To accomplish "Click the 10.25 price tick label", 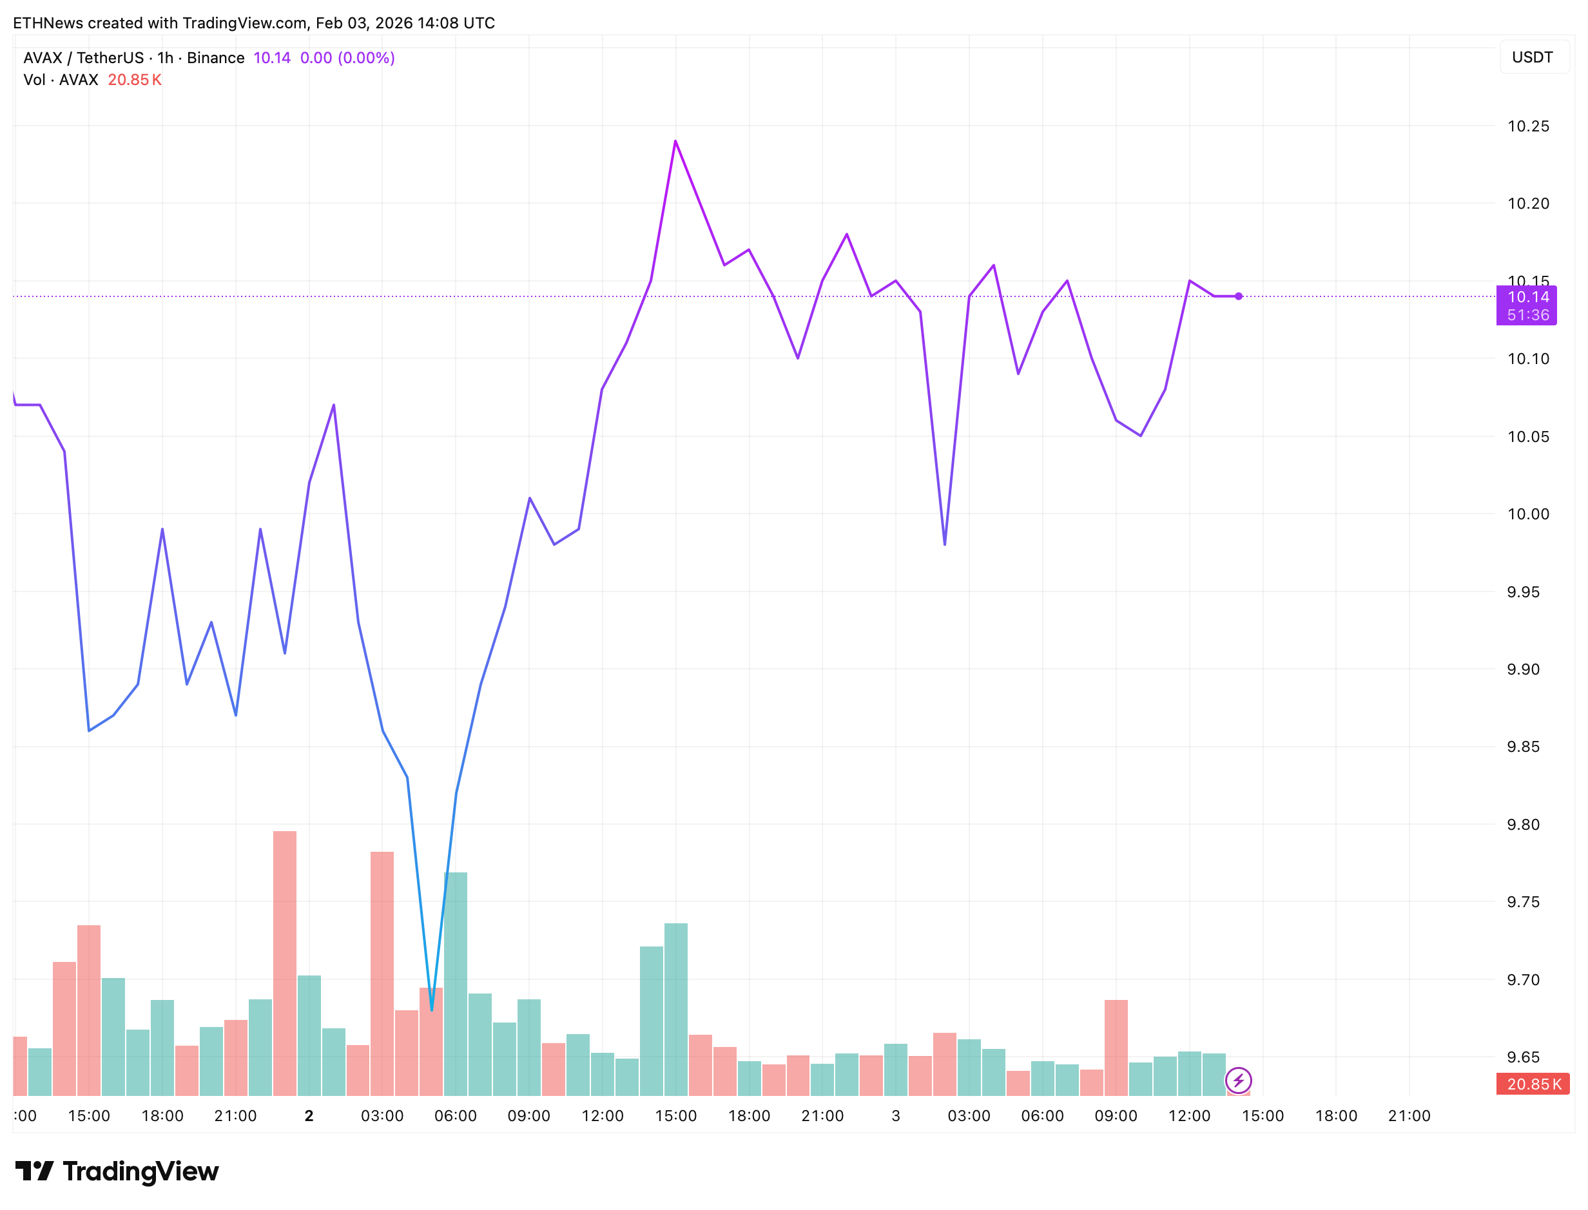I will [1527, 126].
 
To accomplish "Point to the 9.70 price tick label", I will [1522, 979].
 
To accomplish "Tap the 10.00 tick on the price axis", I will [1527, 514].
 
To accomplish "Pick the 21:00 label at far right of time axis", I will [1409, 1116].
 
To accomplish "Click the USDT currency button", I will [1532, 57].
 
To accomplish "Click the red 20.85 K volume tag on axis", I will [1532, 1084].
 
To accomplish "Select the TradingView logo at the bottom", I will [117, 1171].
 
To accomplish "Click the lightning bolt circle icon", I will [1238, 1080].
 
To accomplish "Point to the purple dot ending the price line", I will [1238, 296].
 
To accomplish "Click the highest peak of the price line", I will [675, 141].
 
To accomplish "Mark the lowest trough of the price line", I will [432, 1009].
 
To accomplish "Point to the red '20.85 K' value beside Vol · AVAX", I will [134, 80].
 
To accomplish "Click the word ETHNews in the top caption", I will [48, 23].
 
